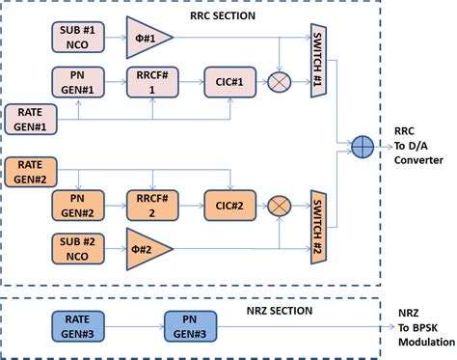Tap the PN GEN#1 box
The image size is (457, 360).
pyautogui.click(x=76, y=82)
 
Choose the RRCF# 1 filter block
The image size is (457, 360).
pyautogui.click(x=151, y=82)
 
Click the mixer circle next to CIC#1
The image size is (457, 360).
pyautogui.click(x=279, y=83)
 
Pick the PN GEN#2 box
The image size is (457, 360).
pyautogui.click(x=76, y=206)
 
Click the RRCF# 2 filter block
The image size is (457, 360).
pyautogui.click(x=151, y=206)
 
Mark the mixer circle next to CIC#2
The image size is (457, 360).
pyautogui.click(x=279, y=206)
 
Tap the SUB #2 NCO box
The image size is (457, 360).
pyautogui.click(x=76, y=248)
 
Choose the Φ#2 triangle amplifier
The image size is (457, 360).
pyautogui.click(x=148, y=248)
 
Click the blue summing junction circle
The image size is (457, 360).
pyautogui.click(x=363, y=145)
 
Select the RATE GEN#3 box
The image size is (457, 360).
pyautogui.click(x=76, y=325)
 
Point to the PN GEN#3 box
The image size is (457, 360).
pyautogui.click(x=189, y=325)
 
